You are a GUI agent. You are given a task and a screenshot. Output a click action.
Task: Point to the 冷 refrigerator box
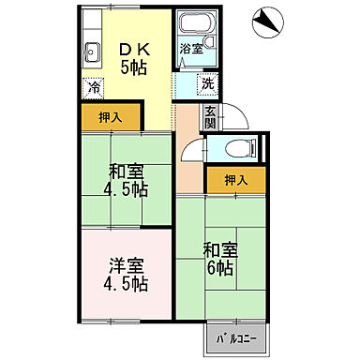tap(95, 86)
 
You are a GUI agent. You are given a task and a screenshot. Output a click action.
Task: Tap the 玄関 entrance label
tap(210, 116)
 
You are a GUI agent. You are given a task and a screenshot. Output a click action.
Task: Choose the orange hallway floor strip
tap(188, 169)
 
